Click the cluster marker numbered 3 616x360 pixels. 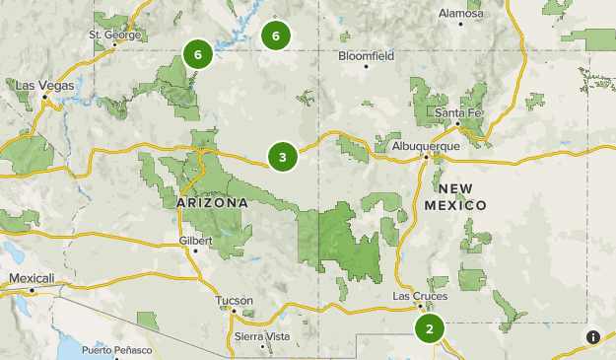pos(283,156)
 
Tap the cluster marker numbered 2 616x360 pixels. pos(429,327)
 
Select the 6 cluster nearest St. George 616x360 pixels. pos(198,54)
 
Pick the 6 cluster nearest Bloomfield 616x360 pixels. pos(276,36)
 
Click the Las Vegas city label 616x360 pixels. pos(44,86)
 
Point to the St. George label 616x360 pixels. pos(115,35)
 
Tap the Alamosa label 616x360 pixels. pos(461,14)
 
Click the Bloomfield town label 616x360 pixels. pos(366,56)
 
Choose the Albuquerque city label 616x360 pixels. pos(427,145)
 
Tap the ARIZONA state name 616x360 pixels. pos(212,202)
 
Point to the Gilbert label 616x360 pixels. pos(196,240)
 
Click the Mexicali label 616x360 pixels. pos(32,278)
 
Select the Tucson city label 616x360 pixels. pos(234,300)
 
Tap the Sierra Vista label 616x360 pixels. pos(262,336)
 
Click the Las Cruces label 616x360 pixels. pos(420,295)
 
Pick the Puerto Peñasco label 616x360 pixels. pos(117,350)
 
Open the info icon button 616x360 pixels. pos(593,337)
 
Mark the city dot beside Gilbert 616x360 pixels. pos(195,251)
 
